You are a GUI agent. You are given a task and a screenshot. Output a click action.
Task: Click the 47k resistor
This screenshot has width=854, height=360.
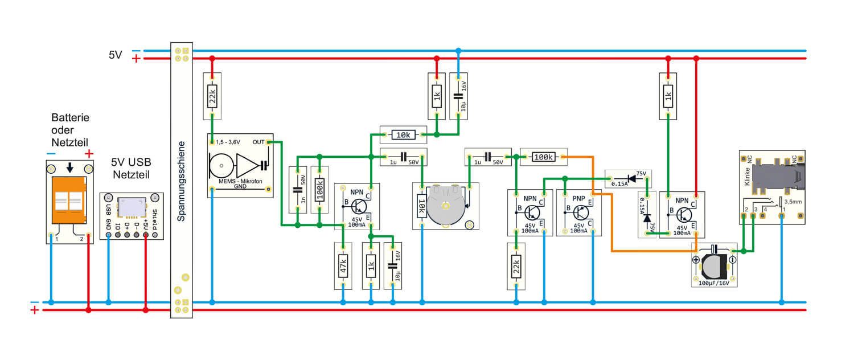tap(343, 265)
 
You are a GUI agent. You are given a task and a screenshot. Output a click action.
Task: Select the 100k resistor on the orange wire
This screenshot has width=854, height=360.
tap(544, 157)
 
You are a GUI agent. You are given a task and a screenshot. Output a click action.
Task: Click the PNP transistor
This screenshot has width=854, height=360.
tap(578, 212)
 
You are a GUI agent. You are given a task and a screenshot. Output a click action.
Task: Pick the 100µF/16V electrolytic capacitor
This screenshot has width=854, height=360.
tap(714, 265)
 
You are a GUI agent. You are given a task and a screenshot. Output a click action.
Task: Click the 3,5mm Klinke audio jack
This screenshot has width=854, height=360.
tap(772, 185)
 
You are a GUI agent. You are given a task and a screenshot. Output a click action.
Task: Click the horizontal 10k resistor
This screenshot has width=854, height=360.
tap(403, 135)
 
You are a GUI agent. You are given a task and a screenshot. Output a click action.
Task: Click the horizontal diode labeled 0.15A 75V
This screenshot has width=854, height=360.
tap(628, 178)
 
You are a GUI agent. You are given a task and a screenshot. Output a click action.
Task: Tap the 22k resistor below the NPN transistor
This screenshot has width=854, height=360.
tap(516, 265)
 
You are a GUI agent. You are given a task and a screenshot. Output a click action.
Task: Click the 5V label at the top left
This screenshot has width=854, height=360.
tap(116, 55)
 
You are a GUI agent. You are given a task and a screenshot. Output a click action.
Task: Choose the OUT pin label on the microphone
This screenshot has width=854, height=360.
tap(258, 142)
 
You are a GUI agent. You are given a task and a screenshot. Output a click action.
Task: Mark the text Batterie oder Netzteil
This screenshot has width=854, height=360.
tap(70, 129)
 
